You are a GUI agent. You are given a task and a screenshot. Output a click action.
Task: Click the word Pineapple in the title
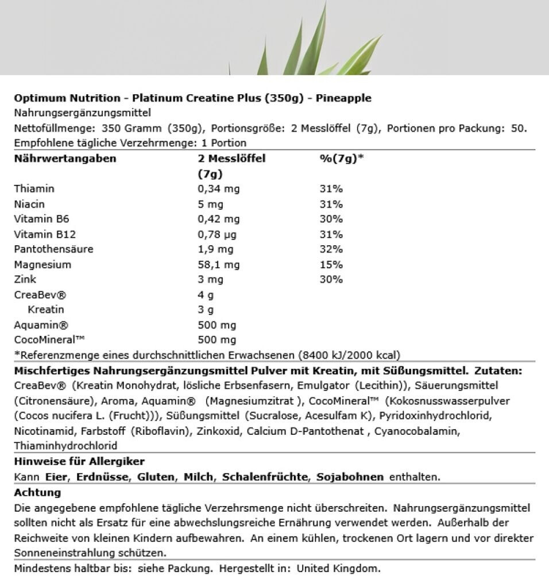point(342,98)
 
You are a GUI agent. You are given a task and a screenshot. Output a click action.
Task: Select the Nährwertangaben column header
point(64,159)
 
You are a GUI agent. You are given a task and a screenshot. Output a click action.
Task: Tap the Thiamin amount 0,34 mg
point(218,189)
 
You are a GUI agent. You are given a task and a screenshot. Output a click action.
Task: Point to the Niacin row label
point(29,204)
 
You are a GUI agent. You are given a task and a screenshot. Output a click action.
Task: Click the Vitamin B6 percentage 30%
point(331,219)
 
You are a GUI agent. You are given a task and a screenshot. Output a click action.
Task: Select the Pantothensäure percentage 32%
point(331,249)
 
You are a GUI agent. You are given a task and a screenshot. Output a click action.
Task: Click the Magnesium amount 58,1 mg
point(218,265)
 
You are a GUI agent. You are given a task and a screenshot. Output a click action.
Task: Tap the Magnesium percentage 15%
point(331,265)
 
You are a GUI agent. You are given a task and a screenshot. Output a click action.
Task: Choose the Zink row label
point(24,280)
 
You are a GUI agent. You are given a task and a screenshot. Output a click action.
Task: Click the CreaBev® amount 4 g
point(205,295)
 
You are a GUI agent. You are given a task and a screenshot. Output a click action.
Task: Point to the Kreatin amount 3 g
point(205,310)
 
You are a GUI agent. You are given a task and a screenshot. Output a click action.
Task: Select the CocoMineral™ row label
point(49,340)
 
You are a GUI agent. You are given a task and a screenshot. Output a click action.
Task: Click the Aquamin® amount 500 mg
point(216,325)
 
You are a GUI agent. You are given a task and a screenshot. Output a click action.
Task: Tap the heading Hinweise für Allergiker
point(79,461)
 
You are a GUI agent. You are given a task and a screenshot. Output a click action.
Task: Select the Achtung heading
point(37,492)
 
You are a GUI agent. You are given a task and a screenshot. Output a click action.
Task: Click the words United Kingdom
point(330,569)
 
